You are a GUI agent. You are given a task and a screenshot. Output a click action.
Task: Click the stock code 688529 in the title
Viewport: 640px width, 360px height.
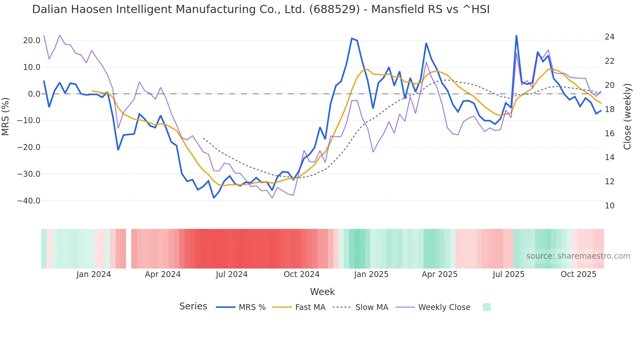tap(334, 9)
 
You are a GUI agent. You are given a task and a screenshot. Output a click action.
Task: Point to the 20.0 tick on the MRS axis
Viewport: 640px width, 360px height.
tap(32, 41)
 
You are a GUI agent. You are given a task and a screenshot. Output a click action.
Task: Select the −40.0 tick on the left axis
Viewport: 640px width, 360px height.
tap(29, 201)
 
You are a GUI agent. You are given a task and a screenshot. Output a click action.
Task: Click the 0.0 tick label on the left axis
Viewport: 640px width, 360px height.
tap(34, 94)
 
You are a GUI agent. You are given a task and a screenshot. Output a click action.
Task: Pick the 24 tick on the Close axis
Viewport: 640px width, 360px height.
tap(609, 37)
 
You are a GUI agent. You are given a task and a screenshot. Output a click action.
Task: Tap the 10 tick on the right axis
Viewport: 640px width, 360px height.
tap(609, 206)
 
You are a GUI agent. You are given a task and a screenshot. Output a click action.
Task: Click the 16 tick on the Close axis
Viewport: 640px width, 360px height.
tap(609, 134)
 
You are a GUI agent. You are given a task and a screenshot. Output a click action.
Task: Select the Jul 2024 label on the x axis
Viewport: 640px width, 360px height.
tap(232, 274)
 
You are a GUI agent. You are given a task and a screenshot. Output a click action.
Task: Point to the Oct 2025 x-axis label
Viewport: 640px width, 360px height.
tap(578, 274)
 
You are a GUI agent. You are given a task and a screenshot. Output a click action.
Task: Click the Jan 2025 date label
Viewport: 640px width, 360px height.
tap(371, 274)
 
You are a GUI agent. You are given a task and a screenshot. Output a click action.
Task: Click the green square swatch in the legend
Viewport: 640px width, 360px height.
tap(487, 307)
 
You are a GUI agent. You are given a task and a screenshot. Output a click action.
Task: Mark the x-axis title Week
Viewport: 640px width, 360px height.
tap(322, 292)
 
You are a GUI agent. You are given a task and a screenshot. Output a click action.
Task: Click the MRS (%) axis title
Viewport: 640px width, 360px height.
tap(6, 116)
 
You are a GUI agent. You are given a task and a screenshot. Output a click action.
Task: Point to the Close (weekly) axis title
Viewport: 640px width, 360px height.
tap(627, 117)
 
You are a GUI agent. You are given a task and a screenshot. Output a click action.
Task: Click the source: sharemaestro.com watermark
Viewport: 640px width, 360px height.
tap(578, 256)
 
